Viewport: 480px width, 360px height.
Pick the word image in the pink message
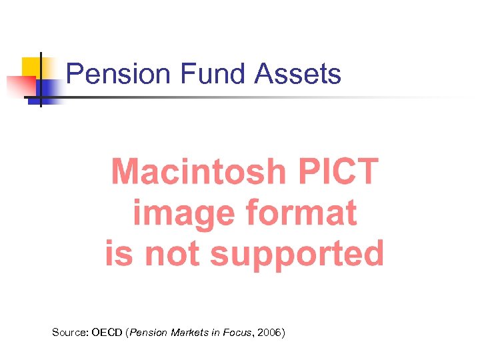point(183,213)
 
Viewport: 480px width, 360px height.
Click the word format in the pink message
point(302,213)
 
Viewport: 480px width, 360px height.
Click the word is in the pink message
point(118,254)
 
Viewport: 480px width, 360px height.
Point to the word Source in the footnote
point(69,331)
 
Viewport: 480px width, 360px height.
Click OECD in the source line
point(107,331)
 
